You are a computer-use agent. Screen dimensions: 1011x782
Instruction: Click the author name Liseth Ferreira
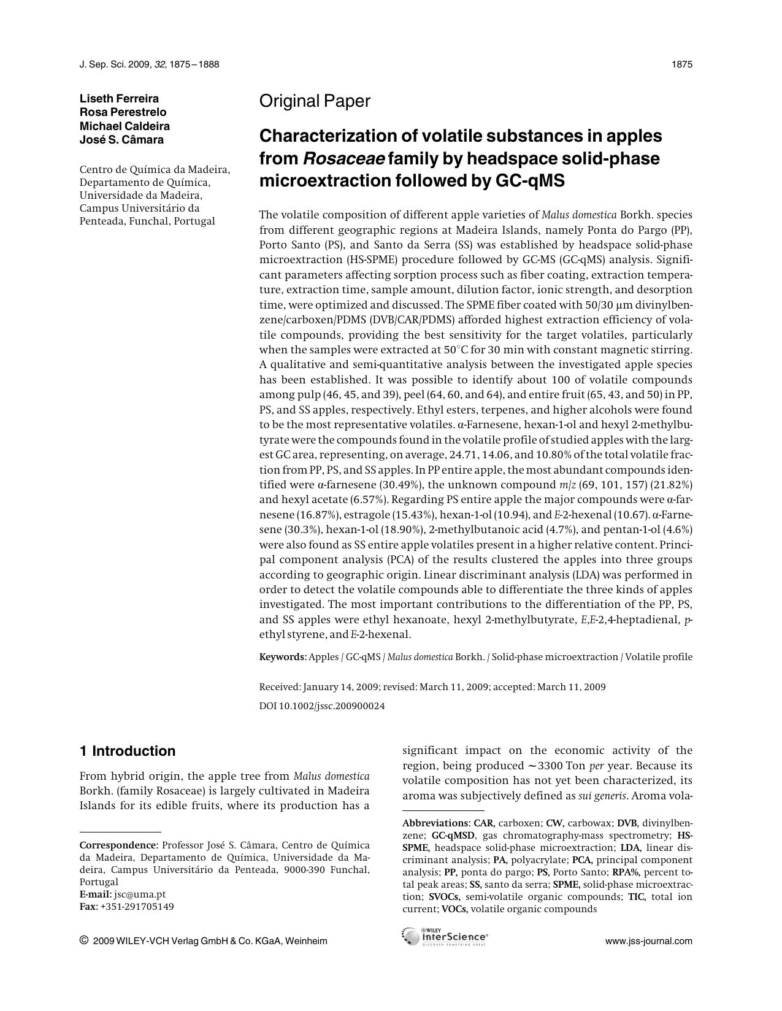[x=119, y=99]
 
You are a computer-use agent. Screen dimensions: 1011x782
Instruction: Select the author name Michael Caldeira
[x=125, y=126]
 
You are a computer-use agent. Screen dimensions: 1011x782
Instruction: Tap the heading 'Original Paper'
[x=315, y=101]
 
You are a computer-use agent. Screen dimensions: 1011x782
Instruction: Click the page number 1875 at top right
[x=682, y=64]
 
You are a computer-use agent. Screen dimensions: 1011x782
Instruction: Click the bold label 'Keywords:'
[x=283, y=657]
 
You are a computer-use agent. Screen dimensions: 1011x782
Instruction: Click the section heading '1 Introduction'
[x=128, y=751]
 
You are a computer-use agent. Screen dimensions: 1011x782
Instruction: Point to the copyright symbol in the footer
[x=84, y=940]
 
